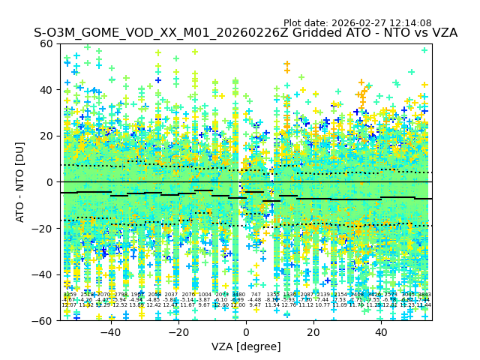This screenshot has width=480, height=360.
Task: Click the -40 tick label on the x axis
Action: pyautogui.click(x=110, y=332)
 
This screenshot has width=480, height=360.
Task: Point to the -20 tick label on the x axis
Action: pyautogui.click(x=178, y=332)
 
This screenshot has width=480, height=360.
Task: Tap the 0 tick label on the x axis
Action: pyautogui.click(x=246, y=332)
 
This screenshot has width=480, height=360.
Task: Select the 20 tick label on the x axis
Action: pyautogui.click(x=313, y=332)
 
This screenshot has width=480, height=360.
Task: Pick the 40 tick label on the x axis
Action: pyautogui.click(x=381, y=332)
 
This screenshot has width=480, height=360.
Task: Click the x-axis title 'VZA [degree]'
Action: pyautogui.click(x=246, y=346)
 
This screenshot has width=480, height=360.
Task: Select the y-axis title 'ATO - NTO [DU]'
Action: pyautogui.click(x=20, y=182)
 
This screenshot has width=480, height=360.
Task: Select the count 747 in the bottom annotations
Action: pyautogui.click(x=256, y=295)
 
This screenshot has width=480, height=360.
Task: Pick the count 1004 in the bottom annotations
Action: pyautogui.click(x=205, y=295)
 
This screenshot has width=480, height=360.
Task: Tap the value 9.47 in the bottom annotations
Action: pyautogui.click(x=256, y=305)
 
